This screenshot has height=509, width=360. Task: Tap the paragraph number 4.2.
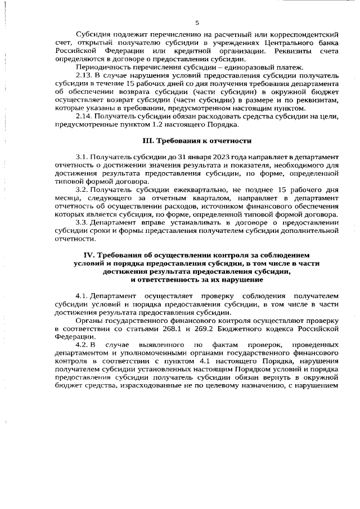82,343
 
